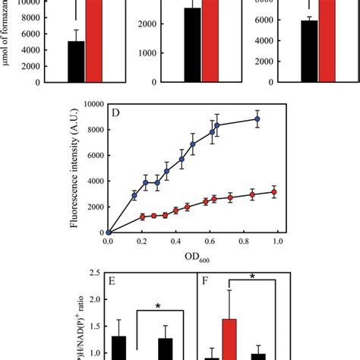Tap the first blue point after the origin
[x=134, y=195]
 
